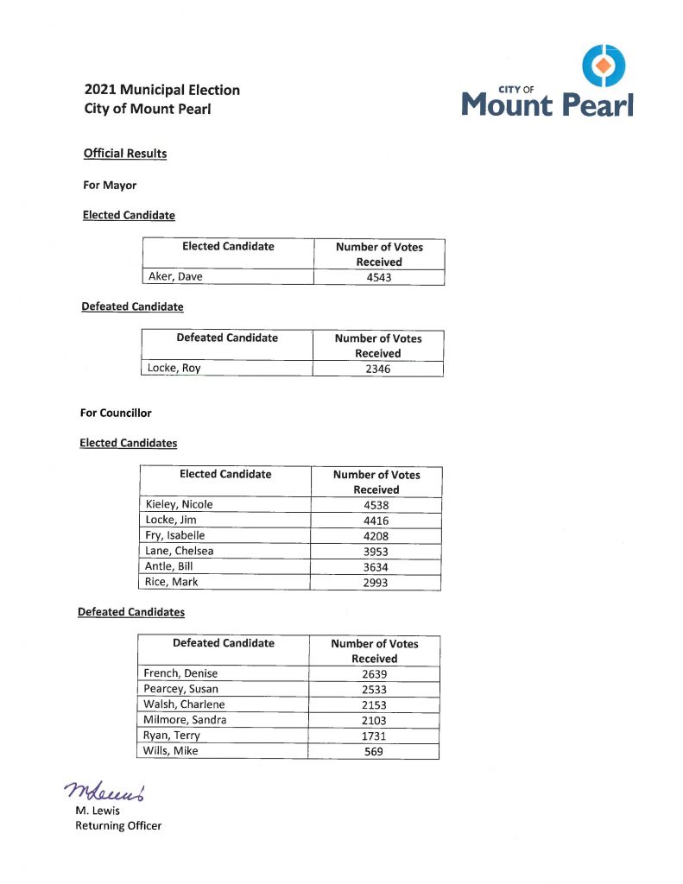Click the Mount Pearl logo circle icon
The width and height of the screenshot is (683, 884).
tap(604, 65)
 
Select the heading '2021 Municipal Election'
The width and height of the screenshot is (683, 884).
tap(162, 90)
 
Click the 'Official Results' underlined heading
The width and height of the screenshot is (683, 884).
tap(125, 154)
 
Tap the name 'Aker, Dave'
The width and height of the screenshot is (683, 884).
tap(175, 277)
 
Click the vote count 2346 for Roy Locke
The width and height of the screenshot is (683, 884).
tap(377, 369)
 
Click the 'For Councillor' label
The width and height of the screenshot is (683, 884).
tap(116, 413)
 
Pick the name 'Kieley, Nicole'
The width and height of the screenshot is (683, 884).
tap(180, 504)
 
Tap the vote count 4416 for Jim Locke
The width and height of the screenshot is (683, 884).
tap(376, 521)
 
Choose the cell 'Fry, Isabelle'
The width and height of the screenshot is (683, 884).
tap(174, 535)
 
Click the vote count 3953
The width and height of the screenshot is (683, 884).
tap(376, 552)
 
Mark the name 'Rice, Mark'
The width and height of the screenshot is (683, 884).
tap(172, 582)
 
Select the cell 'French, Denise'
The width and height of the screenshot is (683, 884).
tap(180, 673)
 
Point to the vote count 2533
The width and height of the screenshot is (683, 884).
tap(374, 690)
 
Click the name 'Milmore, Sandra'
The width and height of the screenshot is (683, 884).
tap(185, 720)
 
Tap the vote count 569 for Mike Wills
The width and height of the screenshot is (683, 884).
tap(374, 752)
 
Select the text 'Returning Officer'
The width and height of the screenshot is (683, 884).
tap(118, 825)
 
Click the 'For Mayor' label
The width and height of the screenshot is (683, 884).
tap(109, 185)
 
